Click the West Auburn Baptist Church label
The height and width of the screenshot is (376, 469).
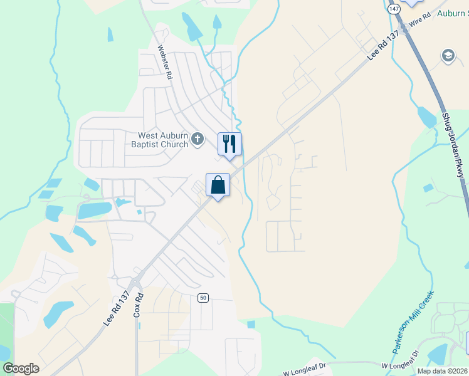[x=163, y=140]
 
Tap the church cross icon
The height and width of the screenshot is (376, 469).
[x=198, y=138]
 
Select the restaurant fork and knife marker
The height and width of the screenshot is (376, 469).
[x=229, y=144]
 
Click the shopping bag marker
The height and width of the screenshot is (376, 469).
[x=218, y=185]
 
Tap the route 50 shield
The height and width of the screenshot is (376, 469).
[x=203, y=297]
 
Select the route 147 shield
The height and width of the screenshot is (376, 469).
[x=393, y=9]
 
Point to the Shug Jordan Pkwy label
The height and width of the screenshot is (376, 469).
[x=453, y=145]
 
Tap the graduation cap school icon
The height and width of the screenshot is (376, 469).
[x=448, y=56]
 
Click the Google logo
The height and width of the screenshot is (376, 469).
[x=21, y=368]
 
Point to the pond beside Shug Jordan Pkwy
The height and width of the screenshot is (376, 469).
[x=426, y=117]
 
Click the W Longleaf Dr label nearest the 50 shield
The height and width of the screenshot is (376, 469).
[x=306, y=369]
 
